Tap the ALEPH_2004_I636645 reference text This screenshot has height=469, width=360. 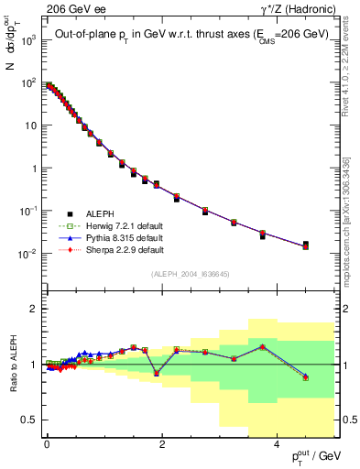[191, 274]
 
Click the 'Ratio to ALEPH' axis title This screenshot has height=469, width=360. [13, 364]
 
